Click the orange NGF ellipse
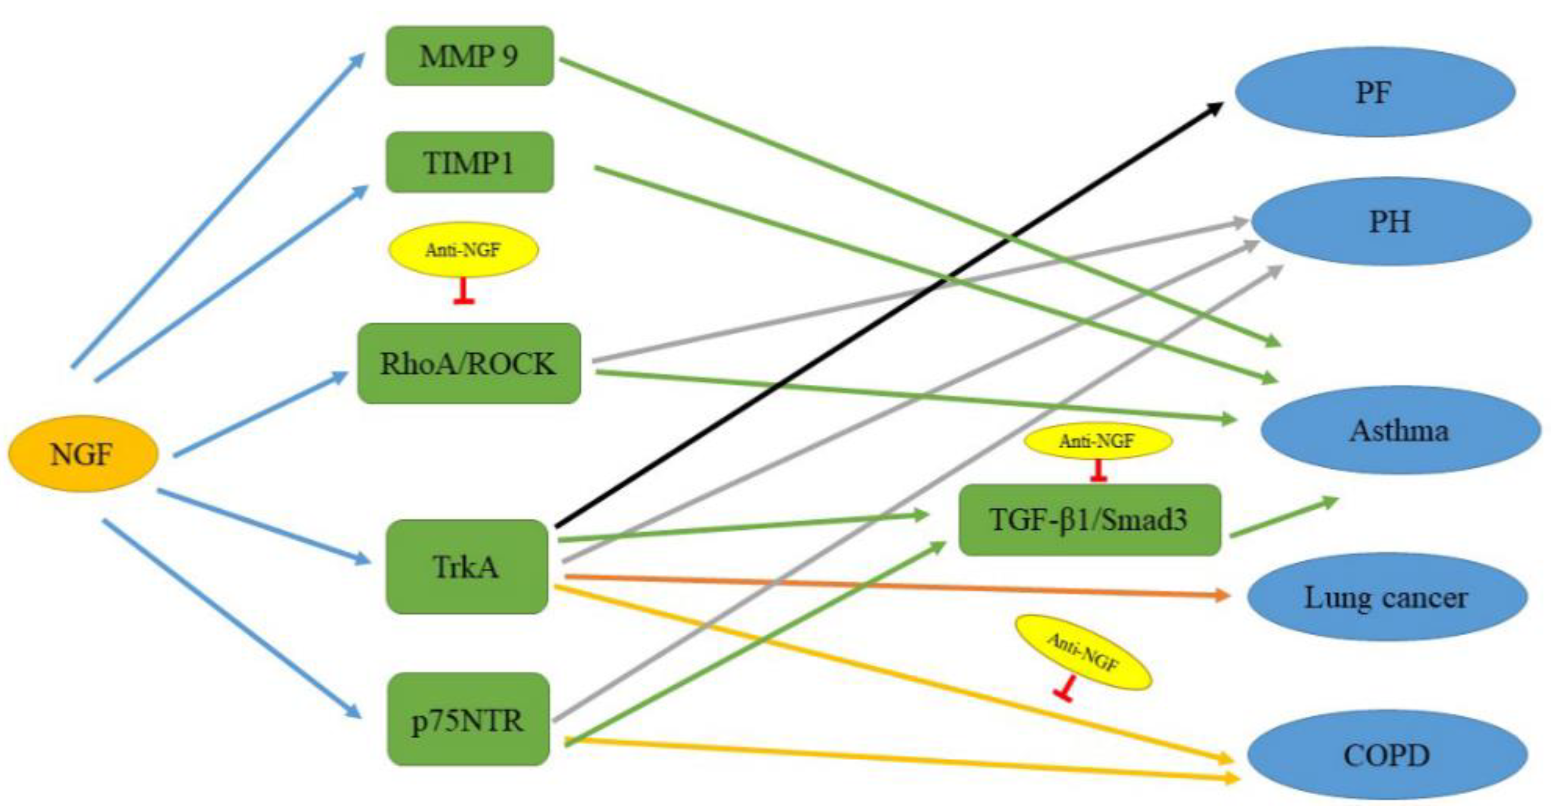pos(83,454)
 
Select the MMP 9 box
pos(469,56)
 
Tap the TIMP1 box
pos(469,163)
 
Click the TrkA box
pos(466,567)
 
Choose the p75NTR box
pos(468,719)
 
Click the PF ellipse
pos(1375,92)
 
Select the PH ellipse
pos(1391,222)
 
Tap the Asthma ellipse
pos(1399,431)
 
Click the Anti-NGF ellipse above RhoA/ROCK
pos(463,249)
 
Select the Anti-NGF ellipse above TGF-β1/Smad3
pos(1097,441)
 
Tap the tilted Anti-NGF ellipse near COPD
pos(1083,653)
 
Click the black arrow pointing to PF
pos(885,316)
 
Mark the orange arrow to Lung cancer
pos(897,586)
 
